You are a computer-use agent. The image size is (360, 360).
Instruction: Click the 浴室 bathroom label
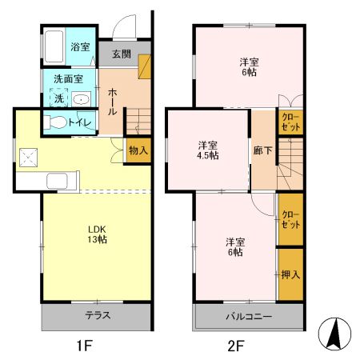pyautogui.click(x=78, y=46)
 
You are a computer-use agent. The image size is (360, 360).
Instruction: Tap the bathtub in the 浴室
pyautogui.click(x=54, y=47)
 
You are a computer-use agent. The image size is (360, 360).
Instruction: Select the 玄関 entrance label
pyautogui.click(x=121, y=54)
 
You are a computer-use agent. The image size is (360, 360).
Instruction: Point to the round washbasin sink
pyautogui.click(x=82, y=99)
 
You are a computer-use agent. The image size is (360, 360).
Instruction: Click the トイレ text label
pyautogui.click(x=79, y=122)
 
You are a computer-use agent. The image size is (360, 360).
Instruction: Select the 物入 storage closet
pyautogui.click(x=138, y=150)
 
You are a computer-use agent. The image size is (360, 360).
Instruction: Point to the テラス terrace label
pyautogui.click(x=97, y=315)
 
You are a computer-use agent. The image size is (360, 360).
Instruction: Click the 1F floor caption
pyautogui.click(x=85, y=346)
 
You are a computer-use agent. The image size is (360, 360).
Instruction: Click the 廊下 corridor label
pyautogui.click(x=261, y=150)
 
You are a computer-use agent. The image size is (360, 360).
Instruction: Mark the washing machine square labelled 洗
pyautogui.click(x=58, y=99)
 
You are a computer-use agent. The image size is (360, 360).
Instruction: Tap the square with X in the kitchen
pyautogui.click(x=30, y=158)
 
